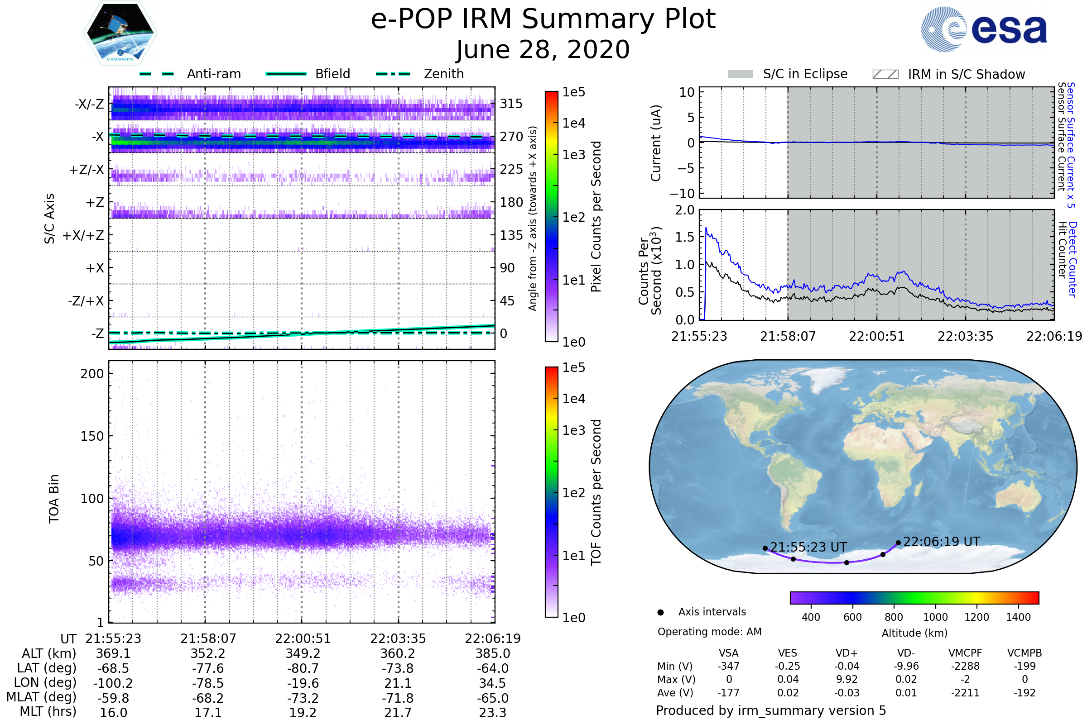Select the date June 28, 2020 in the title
pyautogui.click(x=543, y=49)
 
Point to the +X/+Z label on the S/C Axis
pyautogui.click(x=83, y=235)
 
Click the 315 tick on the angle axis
pyautogui.click(x=511, y=104)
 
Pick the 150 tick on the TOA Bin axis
pyautogui.click(x=92, y=436)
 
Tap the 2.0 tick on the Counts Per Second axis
pyautogui.click(x=684, y=210)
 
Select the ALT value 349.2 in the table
pyautogui.click(x=303, y=653)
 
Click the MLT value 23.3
pyautogui.click(x=492, y=712)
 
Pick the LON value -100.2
pyautogui.click(x=113, y=683)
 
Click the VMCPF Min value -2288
pyautogui.click(x=965, y=666)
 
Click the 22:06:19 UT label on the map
pyautogui.click(x=942, y=541)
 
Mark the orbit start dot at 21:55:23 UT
pyautogui.click(x=765, y=548)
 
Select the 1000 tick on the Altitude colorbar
pyautogui.click(x=935, y=617)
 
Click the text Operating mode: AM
pyautogui.click(x=709, y=632)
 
